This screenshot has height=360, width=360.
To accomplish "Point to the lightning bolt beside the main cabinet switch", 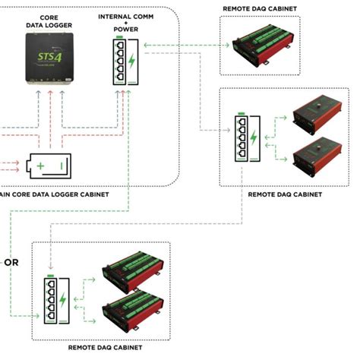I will coord(133,62).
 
